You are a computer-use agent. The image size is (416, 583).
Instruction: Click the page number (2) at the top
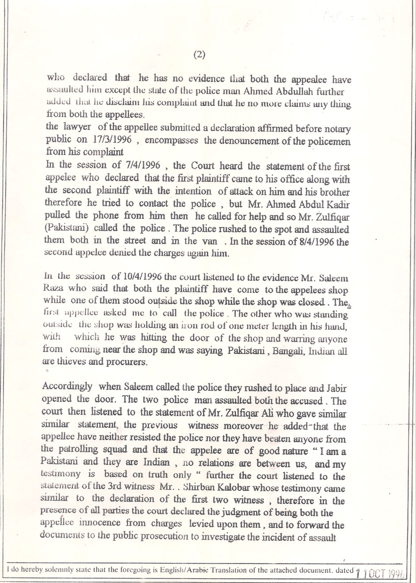click(x=199, y=54)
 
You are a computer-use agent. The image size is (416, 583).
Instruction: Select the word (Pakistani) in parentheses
click(x=64, y=230)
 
